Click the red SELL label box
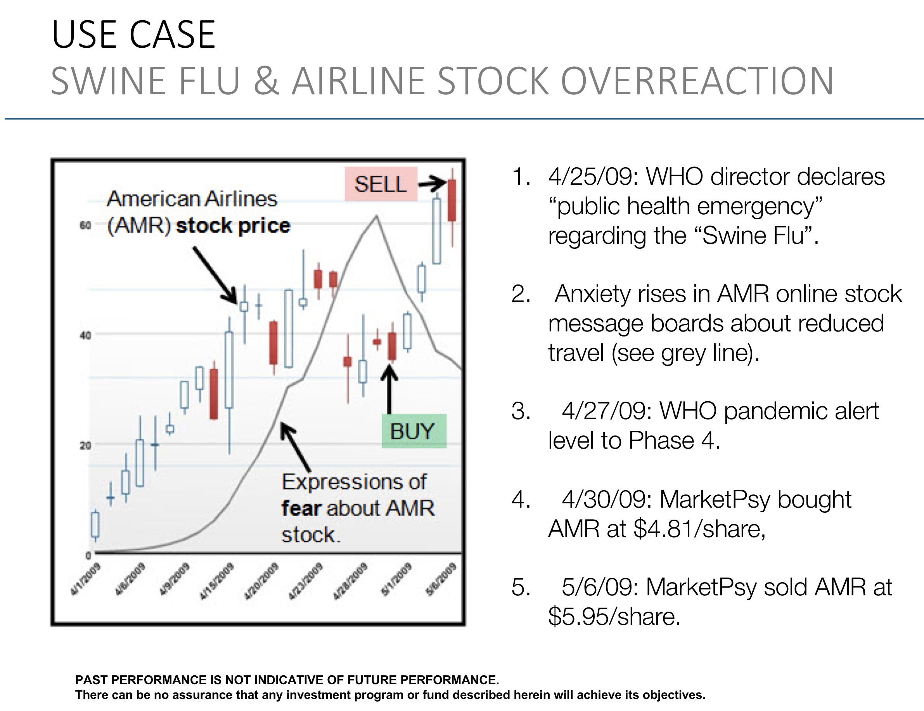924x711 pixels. (381, 184)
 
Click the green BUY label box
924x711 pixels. (413, 431)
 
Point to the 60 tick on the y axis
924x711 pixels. (85, 225)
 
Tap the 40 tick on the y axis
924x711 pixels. (85, 335)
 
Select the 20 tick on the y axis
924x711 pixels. (85, 445)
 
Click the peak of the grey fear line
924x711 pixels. (376, 217)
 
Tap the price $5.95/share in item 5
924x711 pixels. (614, 616)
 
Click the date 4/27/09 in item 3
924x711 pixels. (607, 411)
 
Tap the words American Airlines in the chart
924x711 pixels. (192, 199)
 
